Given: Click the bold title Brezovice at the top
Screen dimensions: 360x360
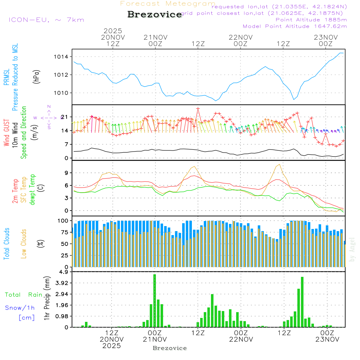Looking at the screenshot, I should pyautogui.click(x=154, y=14).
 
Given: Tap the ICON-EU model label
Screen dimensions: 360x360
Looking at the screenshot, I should pyautogui.click(x=46, y=20).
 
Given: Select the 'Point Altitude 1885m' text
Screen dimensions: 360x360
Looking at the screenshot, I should pyautogui.click(x=311, y=20).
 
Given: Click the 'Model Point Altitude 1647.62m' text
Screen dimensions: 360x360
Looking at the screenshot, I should pyautogui.click(x=294, y=26).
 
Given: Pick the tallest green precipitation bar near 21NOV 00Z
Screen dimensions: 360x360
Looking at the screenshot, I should pyautogui.click(x=155, y=301).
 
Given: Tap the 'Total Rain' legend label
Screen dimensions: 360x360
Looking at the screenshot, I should pyautogui.click(x=23, y=294).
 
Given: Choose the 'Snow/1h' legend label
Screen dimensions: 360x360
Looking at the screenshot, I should pyautogui.click(x=20, y=308).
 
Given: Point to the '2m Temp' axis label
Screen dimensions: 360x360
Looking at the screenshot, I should pyautogui.click(x=15, y=191).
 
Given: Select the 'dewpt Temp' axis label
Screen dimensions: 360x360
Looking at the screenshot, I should pyautogui.click(x=32, y=190).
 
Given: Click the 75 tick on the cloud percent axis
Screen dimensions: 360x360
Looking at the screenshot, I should pyautogui.click(x=65, y=232).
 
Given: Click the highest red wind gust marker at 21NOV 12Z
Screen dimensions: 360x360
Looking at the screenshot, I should pyautogui.click(x=198, y=108).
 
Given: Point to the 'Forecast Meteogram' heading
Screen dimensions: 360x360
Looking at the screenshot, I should pyautogui.click(x=168, y=4).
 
